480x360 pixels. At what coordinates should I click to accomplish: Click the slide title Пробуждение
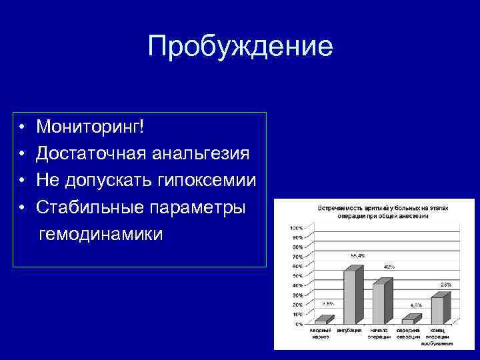click(x=240, y=46)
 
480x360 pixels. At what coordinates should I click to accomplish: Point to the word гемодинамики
click(x=101, y=235)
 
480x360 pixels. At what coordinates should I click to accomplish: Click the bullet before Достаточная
click(x=22, y=154)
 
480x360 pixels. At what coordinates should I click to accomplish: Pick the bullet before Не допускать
click(x=22, y=181)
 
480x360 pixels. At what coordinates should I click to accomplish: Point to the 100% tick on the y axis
click(x=296, y=228)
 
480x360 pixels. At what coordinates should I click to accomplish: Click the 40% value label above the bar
click(x=389, y=267)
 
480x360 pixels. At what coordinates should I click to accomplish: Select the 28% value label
click(x=445, y=285)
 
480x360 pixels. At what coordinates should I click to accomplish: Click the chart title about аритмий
click(x=378, y=212)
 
